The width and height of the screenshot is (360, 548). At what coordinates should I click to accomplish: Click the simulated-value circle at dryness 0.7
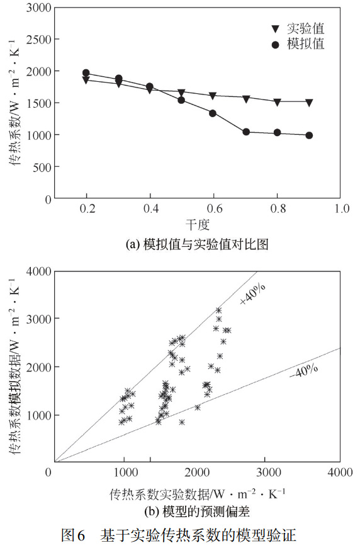point(246,132)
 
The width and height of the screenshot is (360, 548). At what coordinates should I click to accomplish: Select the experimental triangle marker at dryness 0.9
point(309,102)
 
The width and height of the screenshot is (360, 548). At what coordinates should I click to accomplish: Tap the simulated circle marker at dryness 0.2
point(86,73)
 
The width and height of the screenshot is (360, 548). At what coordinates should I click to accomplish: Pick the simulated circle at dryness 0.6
point(213,113)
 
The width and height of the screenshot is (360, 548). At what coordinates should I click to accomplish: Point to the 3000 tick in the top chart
point(38,8)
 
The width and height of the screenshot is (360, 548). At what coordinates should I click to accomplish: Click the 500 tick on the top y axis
point(42,167)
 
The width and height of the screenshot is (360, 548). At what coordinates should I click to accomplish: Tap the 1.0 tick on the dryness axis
point(341,209)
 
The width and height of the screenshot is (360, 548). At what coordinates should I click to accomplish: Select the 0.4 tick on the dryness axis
point(150,209)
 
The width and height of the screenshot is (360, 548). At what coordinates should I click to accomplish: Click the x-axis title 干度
point(197,224)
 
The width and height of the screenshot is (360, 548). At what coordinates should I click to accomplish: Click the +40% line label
point(254,294)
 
